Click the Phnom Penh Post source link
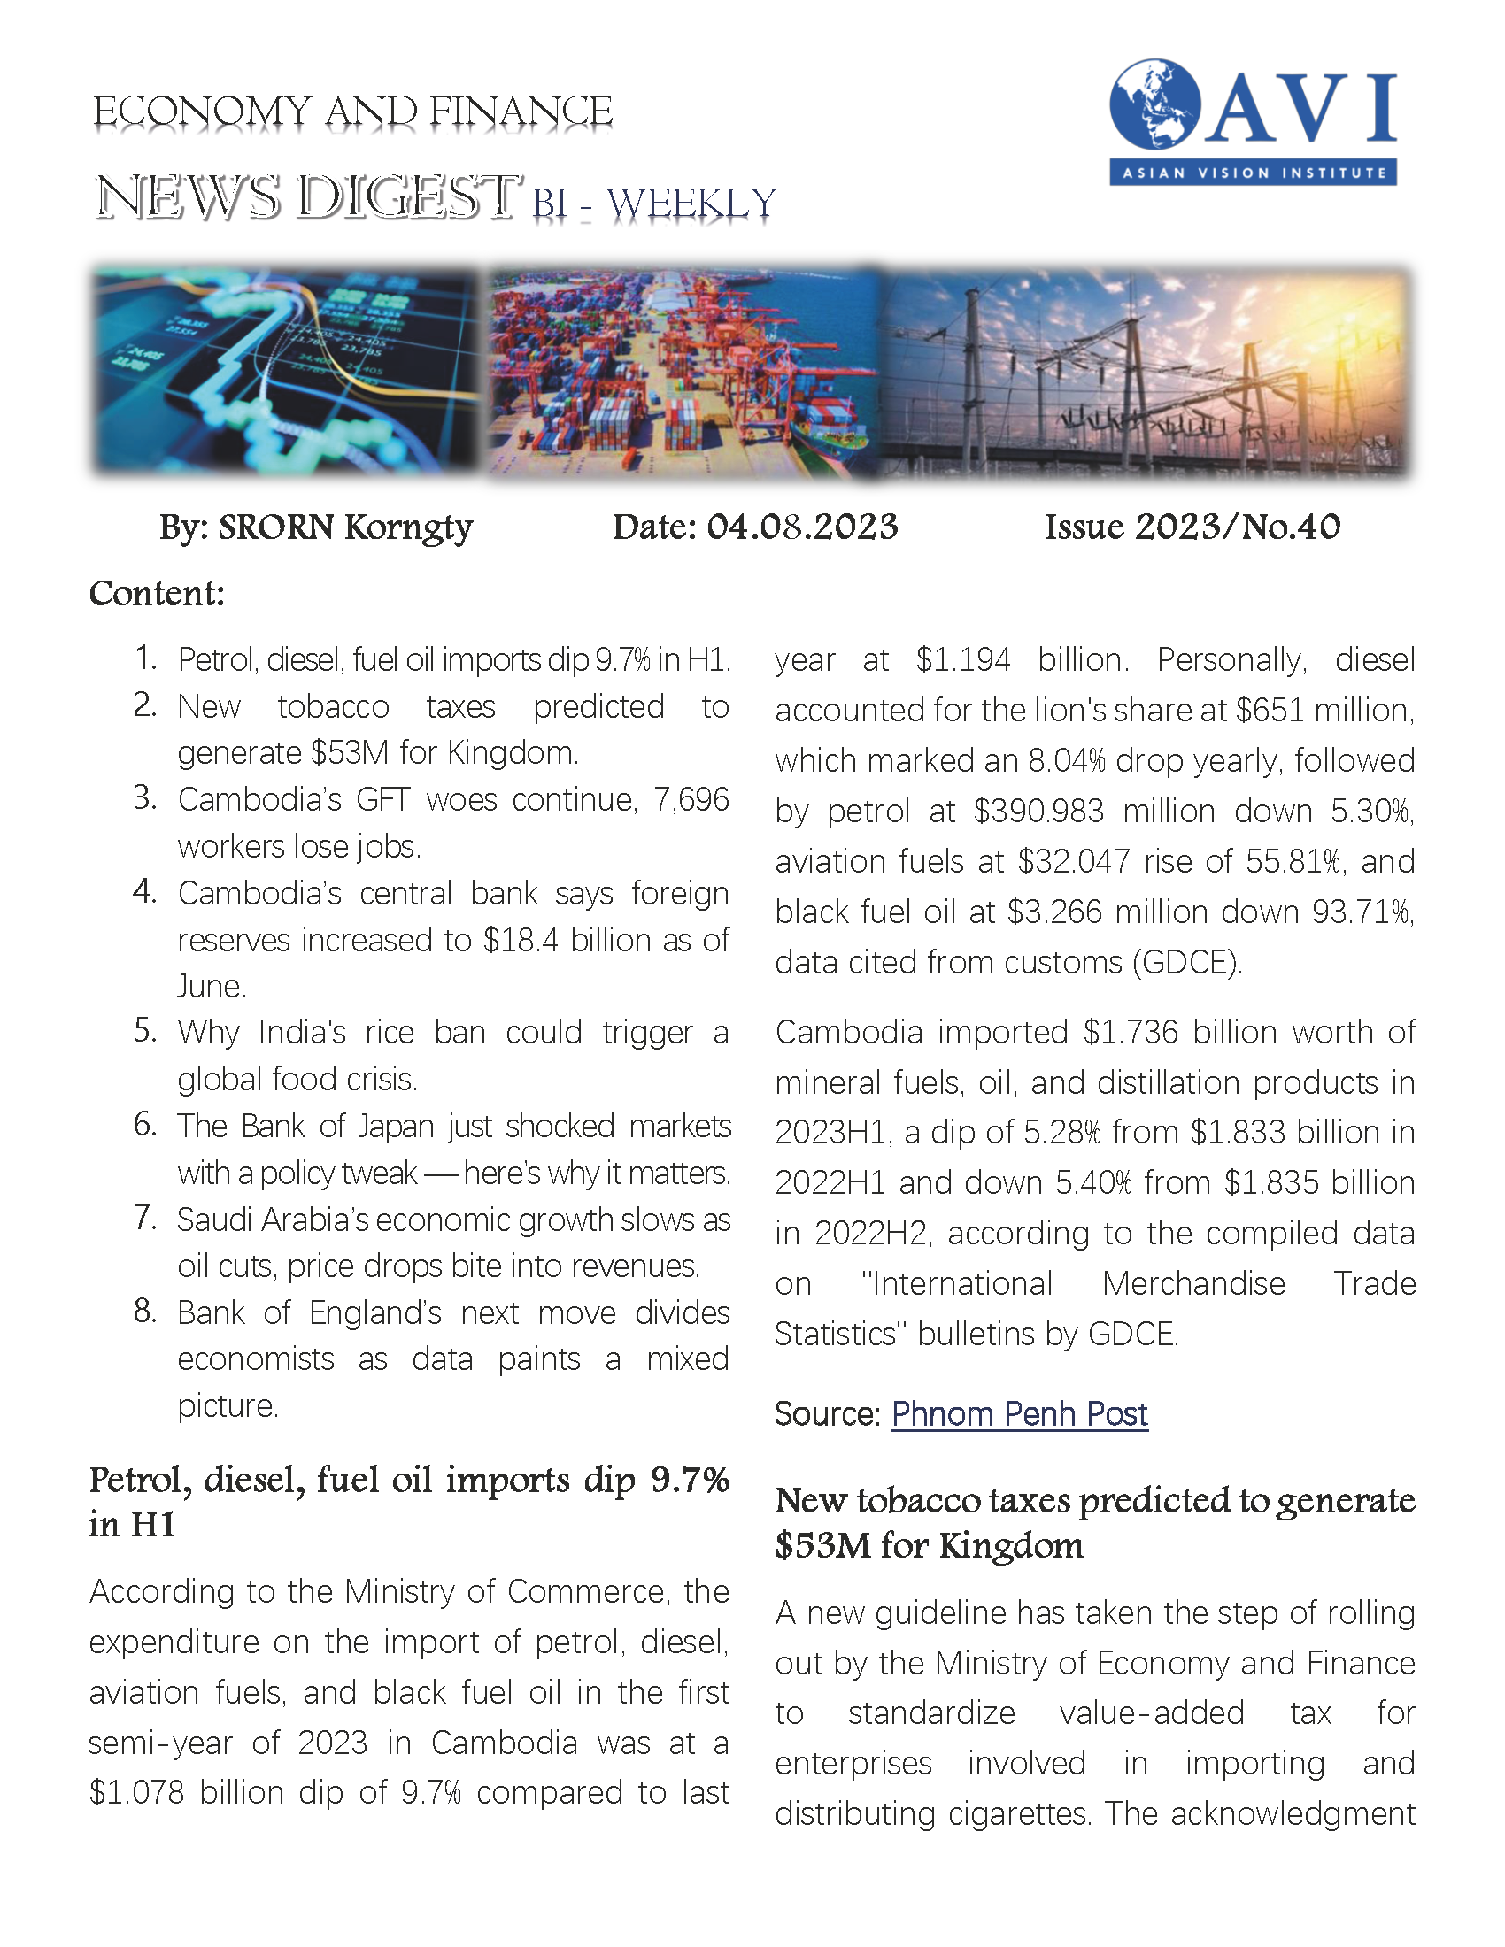tap(1019, 1415)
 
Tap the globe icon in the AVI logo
tap(1154, 104)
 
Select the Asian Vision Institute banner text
tap(1253, 173)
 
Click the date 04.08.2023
tap(801, 527)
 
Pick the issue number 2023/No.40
tap(1238, 527)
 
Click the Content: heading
tap(157, 594)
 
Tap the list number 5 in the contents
tap(145, 1030)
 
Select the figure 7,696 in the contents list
tap(691, 800)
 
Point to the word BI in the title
tap(550, 204)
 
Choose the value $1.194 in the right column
tap(963, 660)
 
